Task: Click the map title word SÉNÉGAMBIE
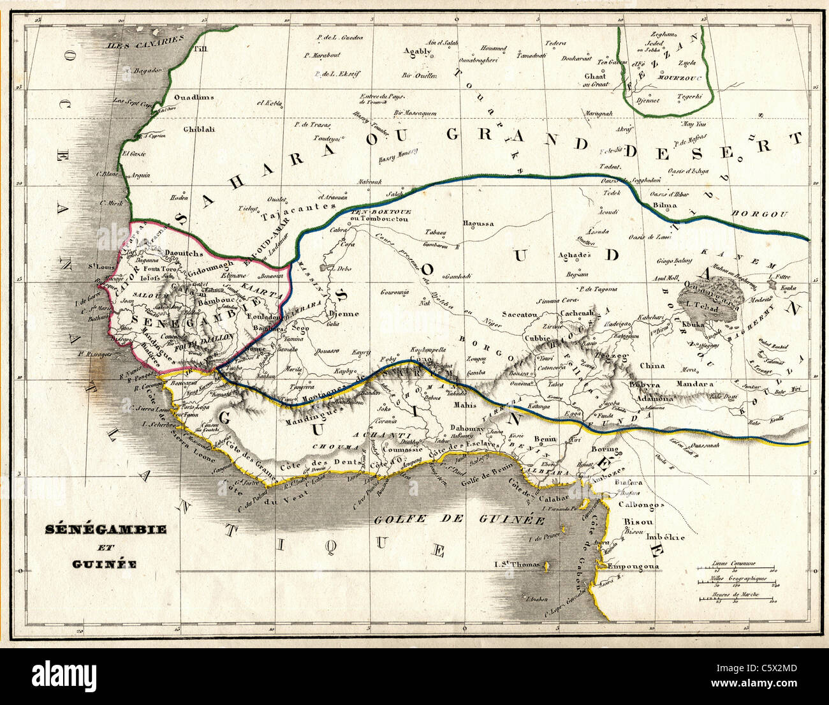point(106,530)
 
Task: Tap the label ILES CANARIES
point(136,45)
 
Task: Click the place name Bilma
point(665,205)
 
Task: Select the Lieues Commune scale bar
point(735,568)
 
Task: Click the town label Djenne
point(343,314)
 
